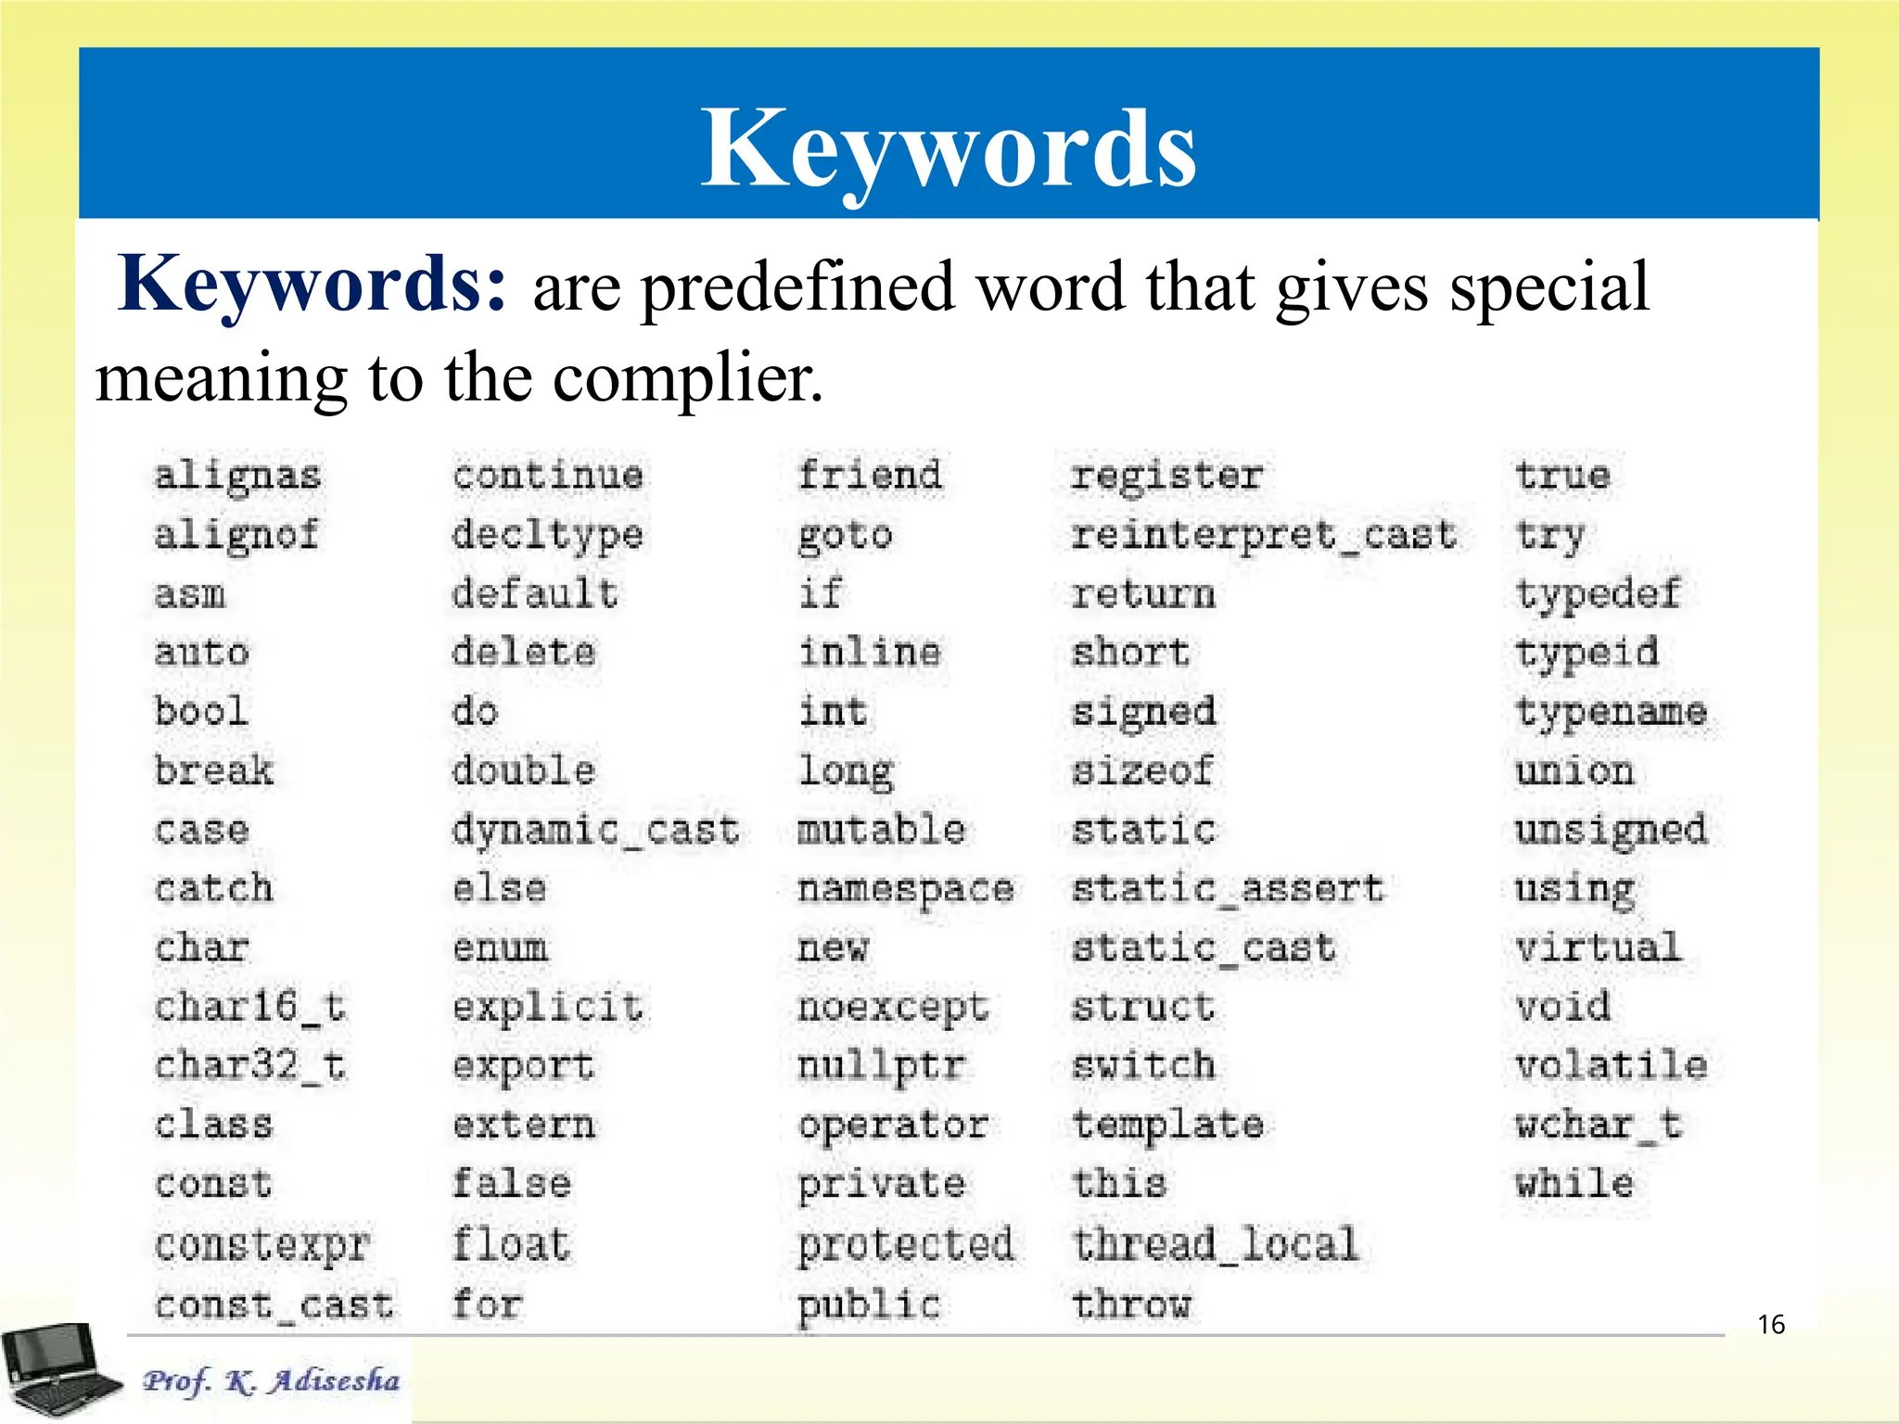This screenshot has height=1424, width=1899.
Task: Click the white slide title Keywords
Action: pos(949,148)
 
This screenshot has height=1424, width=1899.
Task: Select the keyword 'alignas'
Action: pos(237,476)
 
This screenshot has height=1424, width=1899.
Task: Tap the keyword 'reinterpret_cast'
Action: pos(1264,535)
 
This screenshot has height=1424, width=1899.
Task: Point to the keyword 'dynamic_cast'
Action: pos(595,830)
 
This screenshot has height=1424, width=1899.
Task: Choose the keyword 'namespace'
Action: pos(906,889)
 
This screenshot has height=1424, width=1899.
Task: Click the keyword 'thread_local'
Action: pos(1215,1244)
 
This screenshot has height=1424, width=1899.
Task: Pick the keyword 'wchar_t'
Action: pos(1599,1125)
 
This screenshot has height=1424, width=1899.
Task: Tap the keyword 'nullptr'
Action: pos(882,1066)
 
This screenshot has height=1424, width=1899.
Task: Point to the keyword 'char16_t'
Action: pos(250,1007)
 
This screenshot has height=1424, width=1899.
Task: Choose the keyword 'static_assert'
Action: pos(1228,889)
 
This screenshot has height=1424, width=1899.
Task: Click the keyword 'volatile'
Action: pos(1612,1066)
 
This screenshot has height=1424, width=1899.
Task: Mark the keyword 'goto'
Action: pos(846,536)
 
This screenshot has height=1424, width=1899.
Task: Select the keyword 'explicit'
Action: pos(547,1008)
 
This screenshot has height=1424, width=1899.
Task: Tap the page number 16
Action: pos(1771,1324)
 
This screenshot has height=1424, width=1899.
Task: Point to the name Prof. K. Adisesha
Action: pos(271,1380)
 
